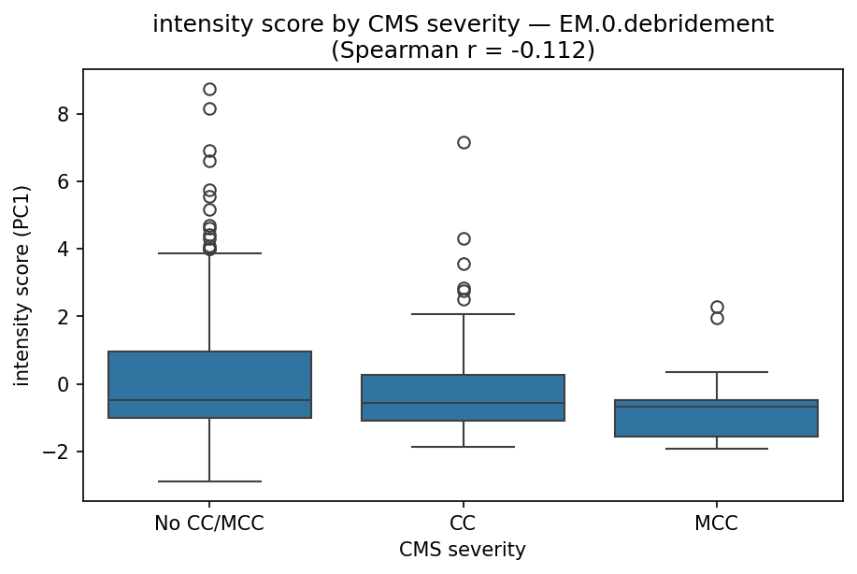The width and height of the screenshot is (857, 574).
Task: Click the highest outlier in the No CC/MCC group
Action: (209, 89)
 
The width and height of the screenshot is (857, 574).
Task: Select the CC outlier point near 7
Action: (464, 142)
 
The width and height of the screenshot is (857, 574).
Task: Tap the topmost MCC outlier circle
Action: (717, 307)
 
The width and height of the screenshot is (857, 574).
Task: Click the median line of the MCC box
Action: (717, 407)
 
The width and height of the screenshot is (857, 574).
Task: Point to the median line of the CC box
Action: (464, 403)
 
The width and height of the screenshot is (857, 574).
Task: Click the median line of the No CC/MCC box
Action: (209, 400)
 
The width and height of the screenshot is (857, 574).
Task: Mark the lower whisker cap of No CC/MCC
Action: (209, 481)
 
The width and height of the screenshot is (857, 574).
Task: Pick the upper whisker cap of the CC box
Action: (464, 314)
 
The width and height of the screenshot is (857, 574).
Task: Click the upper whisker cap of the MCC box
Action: (717, 372)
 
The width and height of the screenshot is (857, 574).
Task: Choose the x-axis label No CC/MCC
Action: (209, 524)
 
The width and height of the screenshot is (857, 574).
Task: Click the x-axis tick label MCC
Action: (717, 524)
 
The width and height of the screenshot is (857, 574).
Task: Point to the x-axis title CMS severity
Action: (463, 551)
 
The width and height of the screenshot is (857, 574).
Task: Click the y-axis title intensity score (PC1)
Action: (22, 285)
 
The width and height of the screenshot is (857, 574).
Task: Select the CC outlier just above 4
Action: (464, 238)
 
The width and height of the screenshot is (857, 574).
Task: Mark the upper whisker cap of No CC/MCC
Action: (209, 253)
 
